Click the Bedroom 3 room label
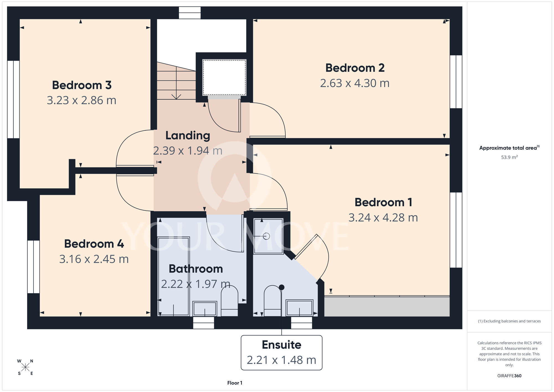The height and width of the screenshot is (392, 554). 82,85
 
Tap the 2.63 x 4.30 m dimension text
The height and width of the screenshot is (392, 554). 355,83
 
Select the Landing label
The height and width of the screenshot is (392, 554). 188,136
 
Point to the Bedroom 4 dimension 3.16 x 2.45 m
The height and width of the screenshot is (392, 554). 94,259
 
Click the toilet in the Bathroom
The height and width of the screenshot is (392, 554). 229,301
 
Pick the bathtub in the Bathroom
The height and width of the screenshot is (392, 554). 174,276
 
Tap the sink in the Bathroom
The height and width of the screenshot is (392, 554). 205,309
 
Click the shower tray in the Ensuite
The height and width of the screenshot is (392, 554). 268,236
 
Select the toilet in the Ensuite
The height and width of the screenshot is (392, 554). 273,301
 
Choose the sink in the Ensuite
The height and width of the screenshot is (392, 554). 299,308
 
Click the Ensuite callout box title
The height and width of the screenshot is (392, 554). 281,345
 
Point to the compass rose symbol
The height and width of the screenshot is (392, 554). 25,367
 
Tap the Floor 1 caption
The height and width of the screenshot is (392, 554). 235,383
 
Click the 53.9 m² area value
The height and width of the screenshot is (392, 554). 509,157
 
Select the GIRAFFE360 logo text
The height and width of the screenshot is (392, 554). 509,376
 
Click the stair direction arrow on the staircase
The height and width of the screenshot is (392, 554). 176,83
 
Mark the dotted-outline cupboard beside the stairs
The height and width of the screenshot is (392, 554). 224,78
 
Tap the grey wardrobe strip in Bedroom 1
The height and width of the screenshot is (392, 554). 387,306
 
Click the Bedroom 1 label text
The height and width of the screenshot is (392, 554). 383,202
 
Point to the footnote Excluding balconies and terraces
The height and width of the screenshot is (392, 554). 509,321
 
